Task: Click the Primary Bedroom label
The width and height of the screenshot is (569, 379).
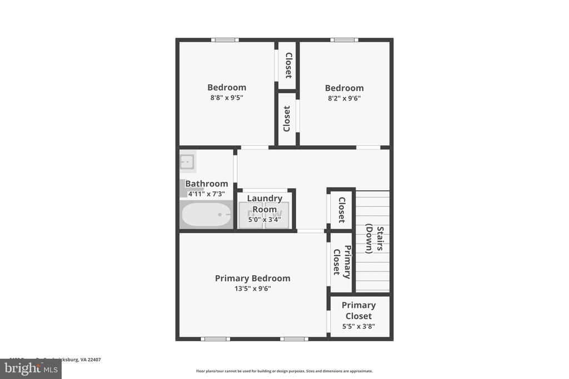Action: tap(252, 279)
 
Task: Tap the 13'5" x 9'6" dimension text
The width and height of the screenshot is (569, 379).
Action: tap(252, 289)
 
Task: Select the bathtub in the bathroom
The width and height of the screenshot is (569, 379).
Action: tap(206, 214)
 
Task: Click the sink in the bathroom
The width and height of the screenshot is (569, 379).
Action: tap(187, 162)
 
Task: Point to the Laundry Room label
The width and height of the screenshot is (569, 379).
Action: tap(264, 204)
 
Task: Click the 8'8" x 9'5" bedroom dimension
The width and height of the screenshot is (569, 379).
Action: tap(227, 98)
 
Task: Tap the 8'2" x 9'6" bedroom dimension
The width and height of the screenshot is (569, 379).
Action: tap(344, 98)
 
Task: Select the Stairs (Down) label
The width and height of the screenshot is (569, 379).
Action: tap(375, 239)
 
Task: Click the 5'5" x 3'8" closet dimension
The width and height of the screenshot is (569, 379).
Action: tap(358, 326)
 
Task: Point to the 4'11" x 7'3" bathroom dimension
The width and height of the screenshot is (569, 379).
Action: tap(206, 194)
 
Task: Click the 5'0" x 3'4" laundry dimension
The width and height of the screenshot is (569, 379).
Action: tap(264, 220)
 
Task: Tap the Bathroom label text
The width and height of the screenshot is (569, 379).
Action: tap(206, 184)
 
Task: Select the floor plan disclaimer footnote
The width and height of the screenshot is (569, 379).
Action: tap(284, 371)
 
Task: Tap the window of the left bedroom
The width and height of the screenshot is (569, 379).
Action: tap(225, 40)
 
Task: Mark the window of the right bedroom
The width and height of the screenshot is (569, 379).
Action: tap(344, 40)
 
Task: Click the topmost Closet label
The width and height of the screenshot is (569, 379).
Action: tap(288, 65)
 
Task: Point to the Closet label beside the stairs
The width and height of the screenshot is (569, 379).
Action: tap(341, 210)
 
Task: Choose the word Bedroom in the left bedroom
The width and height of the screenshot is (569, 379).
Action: tap(227, 88)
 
